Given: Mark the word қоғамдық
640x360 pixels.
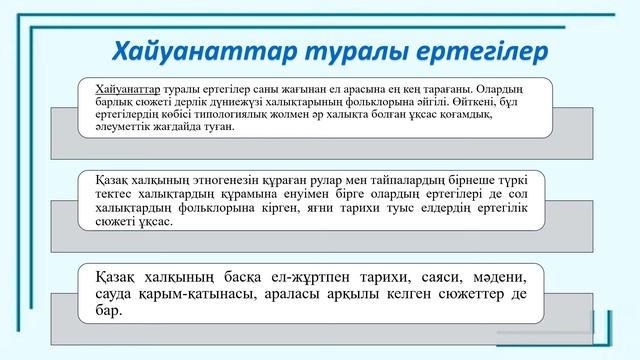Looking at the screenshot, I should [497, 115].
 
